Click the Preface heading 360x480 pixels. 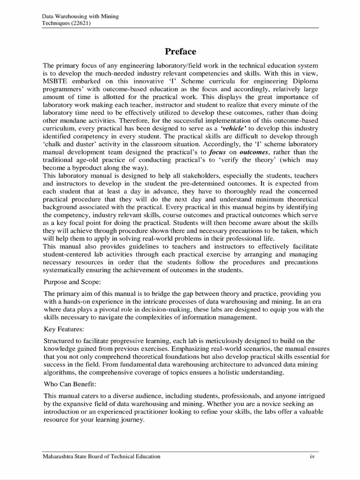tap(180, 51)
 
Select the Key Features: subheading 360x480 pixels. tap(64, 330)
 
